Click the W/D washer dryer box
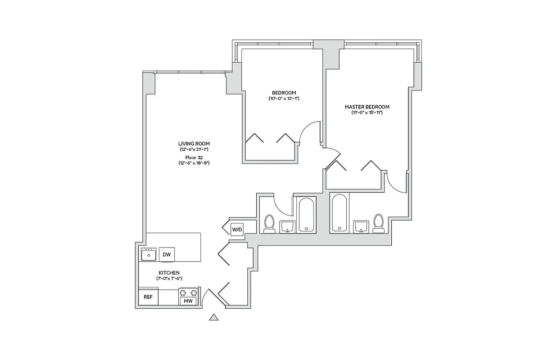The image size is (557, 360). click(x=237, y=230)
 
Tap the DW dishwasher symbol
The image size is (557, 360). click(x=167, y=255)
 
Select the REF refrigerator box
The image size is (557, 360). click(x=148, y=297)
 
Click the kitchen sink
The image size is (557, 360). click(x=148, y=255)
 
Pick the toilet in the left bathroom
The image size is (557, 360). click(x=269, y=224)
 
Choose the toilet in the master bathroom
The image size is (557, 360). click(x=378, y=224)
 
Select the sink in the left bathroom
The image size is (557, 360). click(x=287, y=227)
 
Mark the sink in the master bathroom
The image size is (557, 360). click(x=361, y=227)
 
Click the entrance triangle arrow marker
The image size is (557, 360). click(x=214, y=318)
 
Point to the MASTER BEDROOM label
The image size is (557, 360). click(x=367, y=107)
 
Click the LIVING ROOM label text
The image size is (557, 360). click(x=194, y=144)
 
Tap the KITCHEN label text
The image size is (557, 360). click(x=169, y=273)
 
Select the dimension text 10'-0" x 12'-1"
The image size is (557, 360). click(x=284, y=99)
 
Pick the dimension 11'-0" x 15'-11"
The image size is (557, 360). click(x=367, y=112)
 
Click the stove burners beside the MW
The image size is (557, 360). click(x=188, y=293)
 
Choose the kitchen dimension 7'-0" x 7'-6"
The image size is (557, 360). click(x=169, y=279)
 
